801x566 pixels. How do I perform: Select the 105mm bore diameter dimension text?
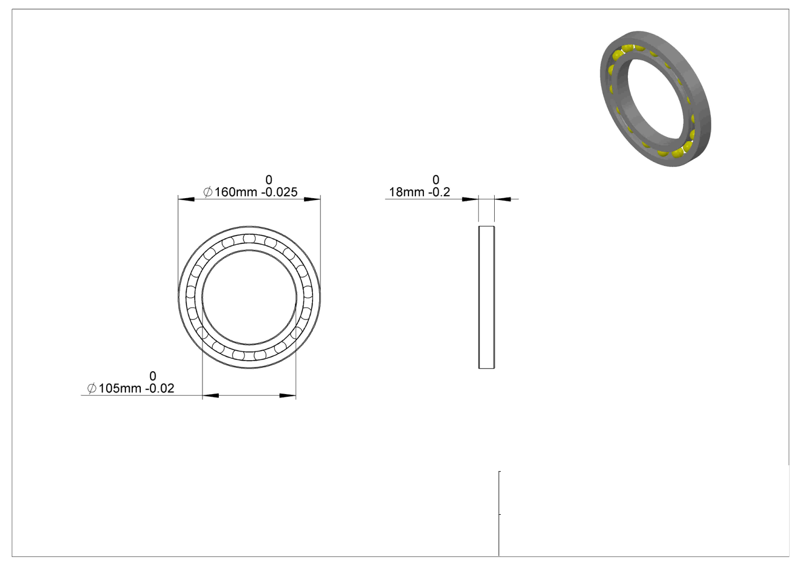(120, 388)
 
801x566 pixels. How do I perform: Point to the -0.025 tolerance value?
(279, 192)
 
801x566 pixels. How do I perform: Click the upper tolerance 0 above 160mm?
(269, 179)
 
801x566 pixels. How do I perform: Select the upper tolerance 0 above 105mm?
(153, 376)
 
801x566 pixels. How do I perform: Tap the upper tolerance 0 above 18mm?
(436, 179)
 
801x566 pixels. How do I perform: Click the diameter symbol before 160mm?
(208, 192)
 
